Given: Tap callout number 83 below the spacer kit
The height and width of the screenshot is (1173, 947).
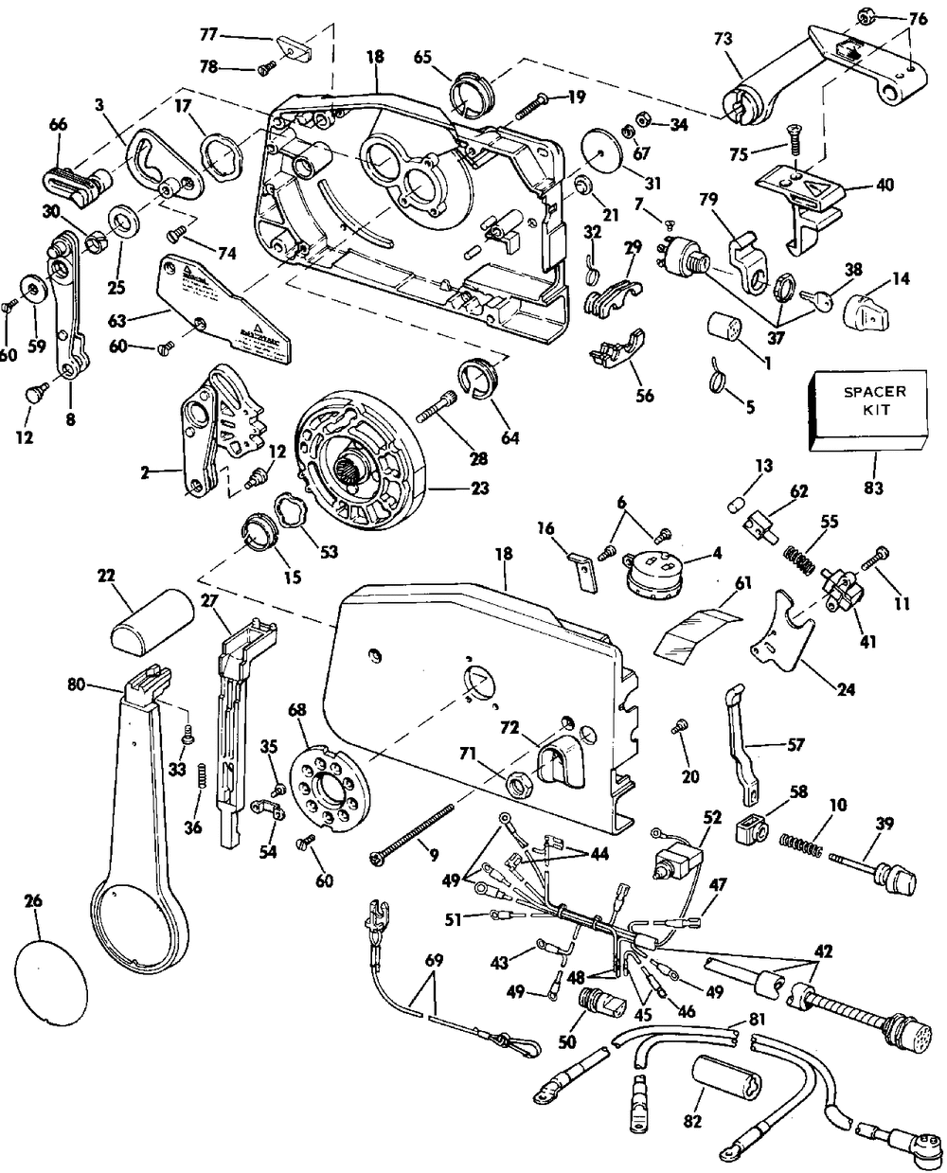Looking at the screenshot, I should click(x=874, y=464).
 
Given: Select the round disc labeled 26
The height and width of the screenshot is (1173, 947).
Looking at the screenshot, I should click(x=53, y=971).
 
